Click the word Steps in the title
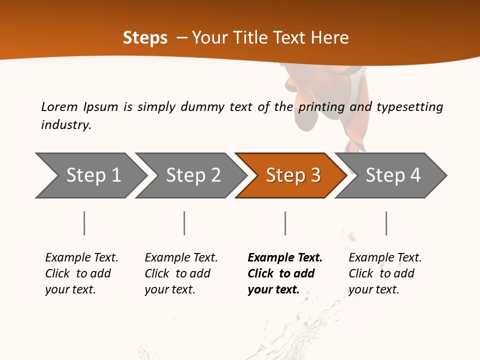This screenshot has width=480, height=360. click(145, 38)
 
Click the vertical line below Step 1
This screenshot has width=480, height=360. click(84, 223)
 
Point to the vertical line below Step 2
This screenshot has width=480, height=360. click(184, 223)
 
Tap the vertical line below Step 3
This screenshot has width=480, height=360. click(285, 223)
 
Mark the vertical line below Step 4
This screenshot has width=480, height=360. click(386, 223)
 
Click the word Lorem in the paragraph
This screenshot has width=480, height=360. click(59, 106)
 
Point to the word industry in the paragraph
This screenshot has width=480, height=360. click(66, 125)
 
